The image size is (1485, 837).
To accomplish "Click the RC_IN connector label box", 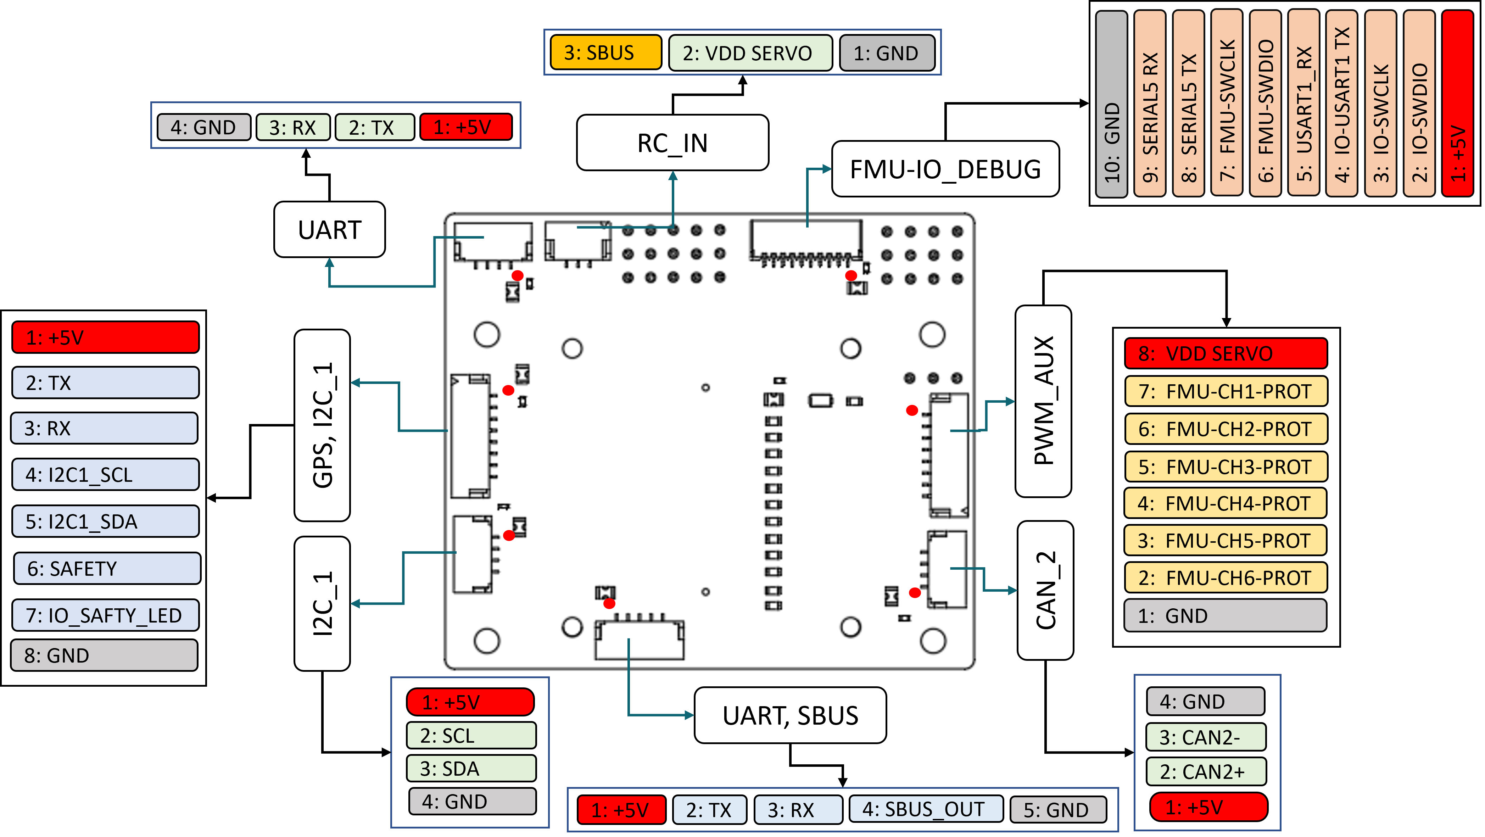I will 672,143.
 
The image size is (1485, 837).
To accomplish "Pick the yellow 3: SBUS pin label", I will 605,52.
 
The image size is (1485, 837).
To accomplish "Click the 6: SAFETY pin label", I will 107,568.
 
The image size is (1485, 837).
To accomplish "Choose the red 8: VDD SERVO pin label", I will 1226,353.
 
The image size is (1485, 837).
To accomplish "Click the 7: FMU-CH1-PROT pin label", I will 1226,391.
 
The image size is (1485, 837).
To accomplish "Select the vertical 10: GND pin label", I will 1111,104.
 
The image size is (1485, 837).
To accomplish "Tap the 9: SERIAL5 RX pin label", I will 1150,104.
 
